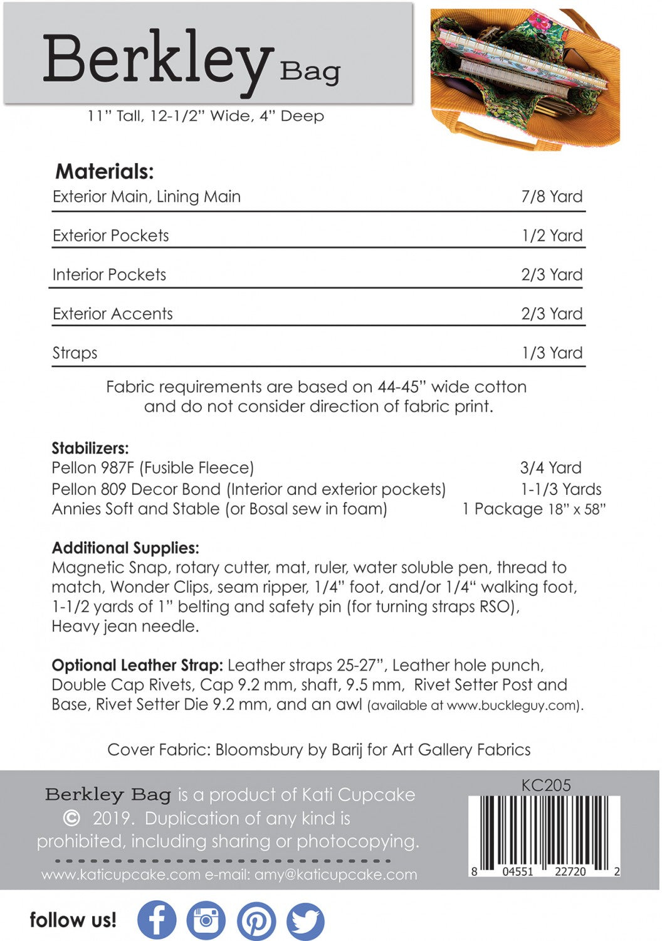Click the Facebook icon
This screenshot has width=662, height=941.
[x=156, y=920]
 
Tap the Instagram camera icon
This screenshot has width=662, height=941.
[x=206, y=920]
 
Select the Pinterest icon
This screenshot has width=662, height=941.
[x=256, y=921]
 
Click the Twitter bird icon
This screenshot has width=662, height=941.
[x=305, y=921]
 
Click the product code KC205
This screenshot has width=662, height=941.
[x=545, y=785]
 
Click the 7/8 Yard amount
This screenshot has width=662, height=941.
[x=552, y=196]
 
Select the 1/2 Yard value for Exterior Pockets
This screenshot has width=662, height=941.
[x=552, y=235]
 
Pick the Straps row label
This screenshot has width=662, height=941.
[x=75, y=353]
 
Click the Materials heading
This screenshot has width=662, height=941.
[x=104, y=171]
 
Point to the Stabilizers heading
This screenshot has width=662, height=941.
[x=90, y=448]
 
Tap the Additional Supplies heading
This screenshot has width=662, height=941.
[x=125, y=548]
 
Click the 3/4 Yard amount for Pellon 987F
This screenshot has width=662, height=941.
[x=550, y=467]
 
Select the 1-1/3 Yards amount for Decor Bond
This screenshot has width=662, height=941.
[x=561, y=489]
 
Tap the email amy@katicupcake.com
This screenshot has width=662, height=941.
[x=335, y=875]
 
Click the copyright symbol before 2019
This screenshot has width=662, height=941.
[x=72, y=819]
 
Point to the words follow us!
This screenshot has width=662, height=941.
[x=73, y=920]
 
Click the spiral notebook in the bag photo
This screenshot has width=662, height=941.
[x=520, y=63]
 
